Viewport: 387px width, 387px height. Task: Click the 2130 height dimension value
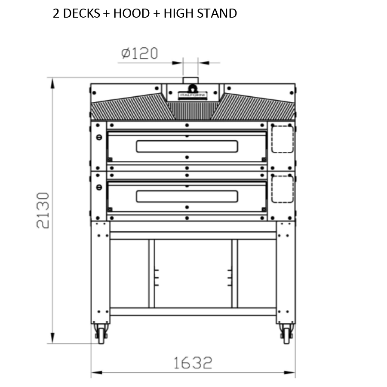tap(43, 211)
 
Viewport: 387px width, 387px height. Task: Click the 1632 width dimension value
tap(193, 363)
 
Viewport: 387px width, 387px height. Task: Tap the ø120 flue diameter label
tap(139, 53)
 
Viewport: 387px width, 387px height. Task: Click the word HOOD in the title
tap(132, 13)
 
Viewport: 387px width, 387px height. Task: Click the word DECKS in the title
tap(82, 13)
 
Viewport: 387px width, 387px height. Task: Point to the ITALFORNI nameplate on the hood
tap(193, 95)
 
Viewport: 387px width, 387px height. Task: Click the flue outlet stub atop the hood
tap(190, 80)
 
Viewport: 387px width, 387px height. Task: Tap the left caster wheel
tap(101, 334)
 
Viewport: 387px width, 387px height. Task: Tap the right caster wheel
tap(286, 334)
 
